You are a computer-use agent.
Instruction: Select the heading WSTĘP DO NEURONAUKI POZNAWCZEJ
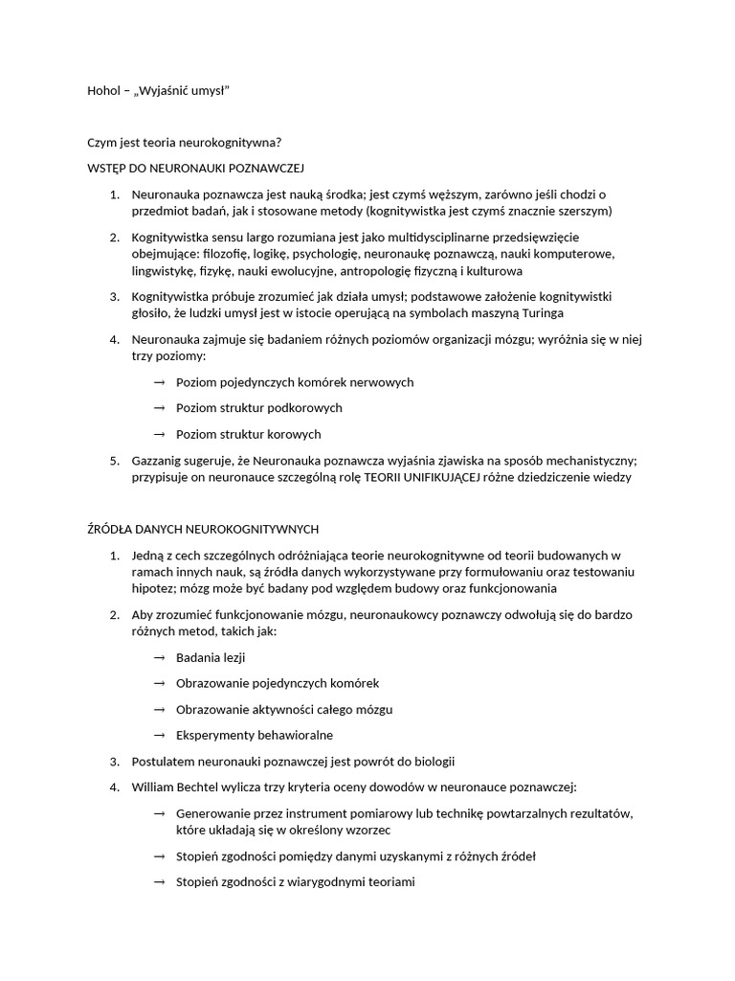[x=195, y=169]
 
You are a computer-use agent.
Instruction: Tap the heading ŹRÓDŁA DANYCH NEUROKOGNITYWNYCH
[x=203, y=529]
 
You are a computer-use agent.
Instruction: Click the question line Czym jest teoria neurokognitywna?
[x=185, y=143]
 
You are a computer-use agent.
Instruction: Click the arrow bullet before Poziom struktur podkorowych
[x=159, y=408]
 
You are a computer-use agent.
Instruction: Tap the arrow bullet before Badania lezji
[x=159, y=657]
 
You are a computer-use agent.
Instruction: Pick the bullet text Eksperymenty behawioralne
[x=255, y=736]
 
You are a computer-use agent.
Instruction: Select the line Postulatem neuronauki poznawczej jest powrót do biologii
[x=293, y=762]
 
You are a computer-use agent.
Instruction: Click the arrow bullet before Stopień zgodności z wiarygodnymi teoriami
[x=159, y=882]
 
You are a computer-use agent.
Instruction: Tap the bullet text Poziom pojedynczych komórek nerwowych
[x=295, y=382]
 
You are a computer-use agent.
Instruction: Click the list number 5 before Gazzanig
[x=114, y=461]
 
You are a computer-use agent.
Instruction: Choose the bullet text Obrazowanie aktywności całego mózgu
[x=284, y=710]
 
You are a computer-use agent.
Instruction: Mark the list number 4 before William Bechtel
[x=114, y=787]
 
